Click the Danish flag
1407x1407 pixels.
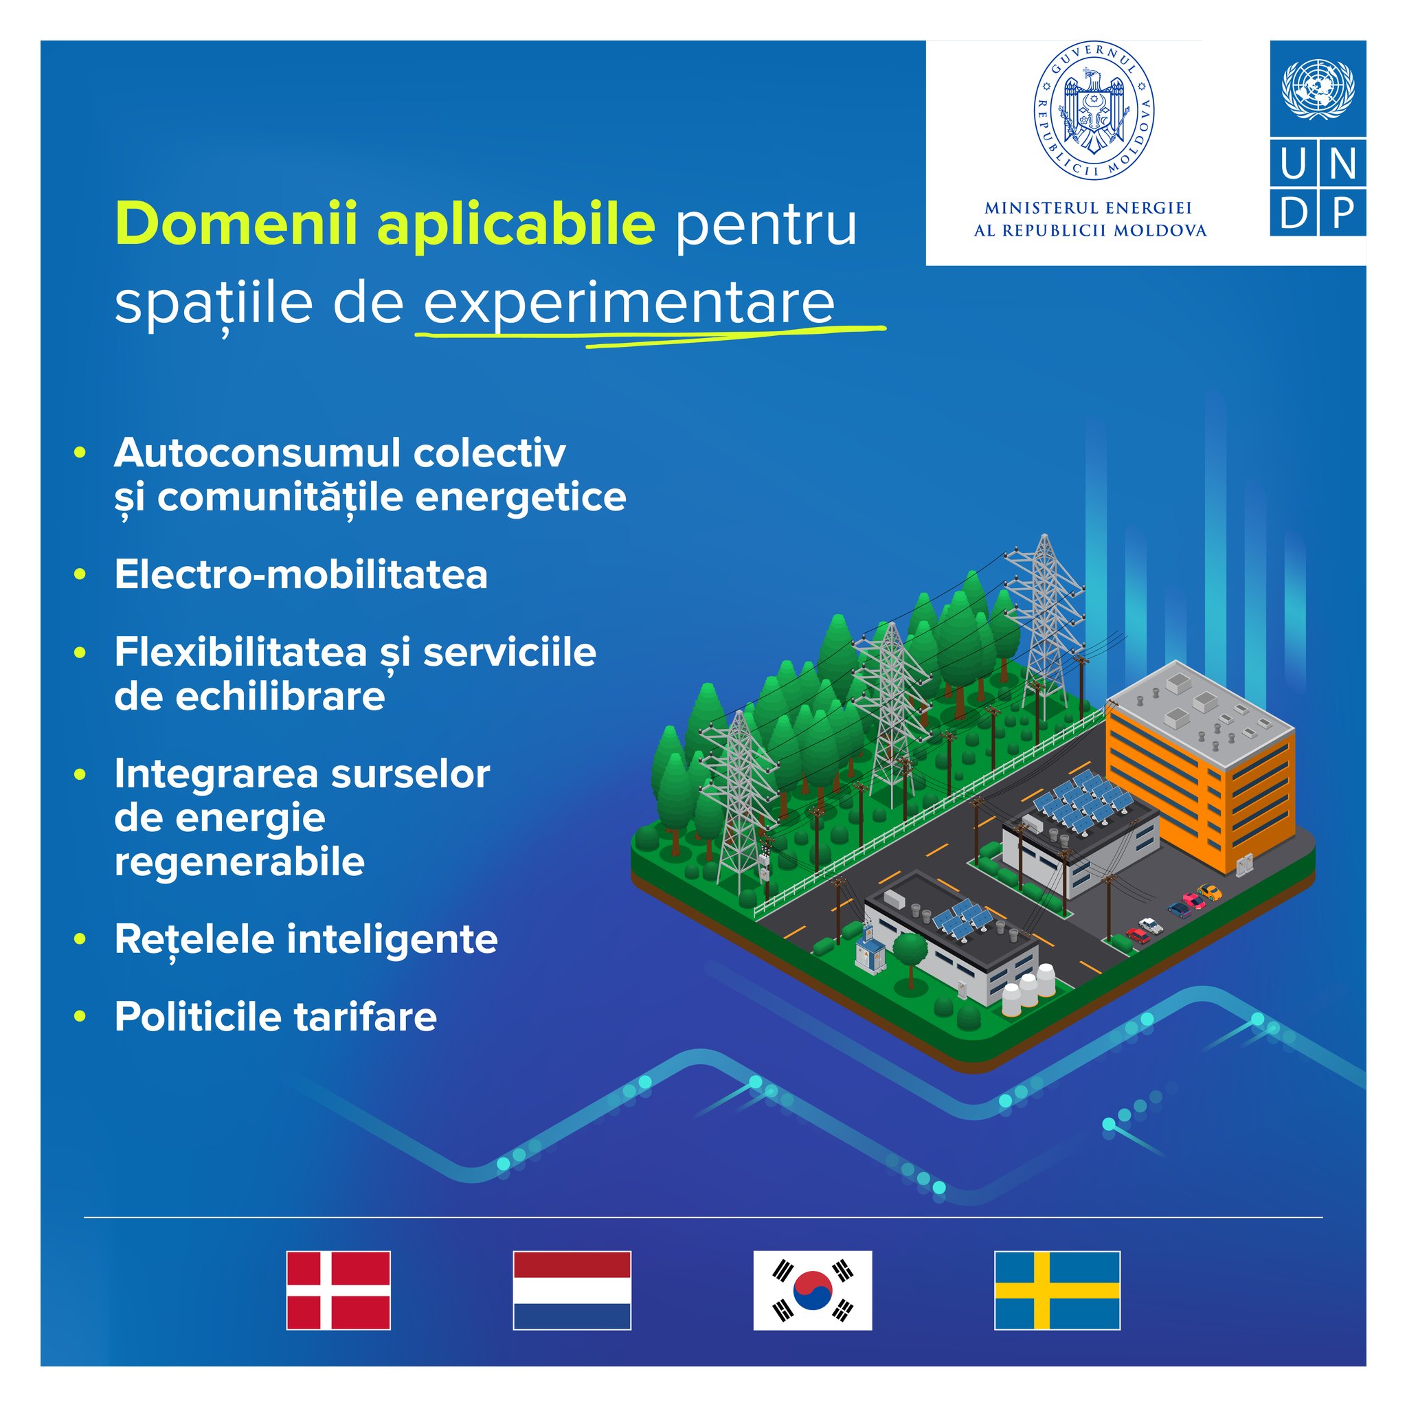[338, 1290]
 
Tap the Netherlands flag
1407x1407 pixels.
[572, 1290]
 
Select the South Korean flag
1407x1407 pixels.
[813, 1290]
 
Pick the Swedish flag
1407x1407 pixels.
[1057, 1290]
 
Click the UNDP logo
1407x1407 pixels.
[1318, 138]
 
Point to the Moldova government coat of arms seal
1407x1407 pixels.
[1094, 111]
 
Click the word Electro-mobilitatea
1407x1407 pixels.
[301, 575]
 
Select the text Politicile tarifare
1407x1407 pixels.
[275, 1017]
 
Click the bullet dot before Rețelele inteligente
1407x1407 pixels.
[80, 938]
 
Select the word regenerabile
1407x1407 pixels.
[240, 863]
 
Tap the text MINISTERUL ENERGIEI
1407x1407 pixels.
[1088, 208]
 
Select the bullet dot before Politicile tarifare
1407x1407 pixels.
[80, 1016]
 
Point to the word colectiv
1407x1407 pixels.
[489, 453]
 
